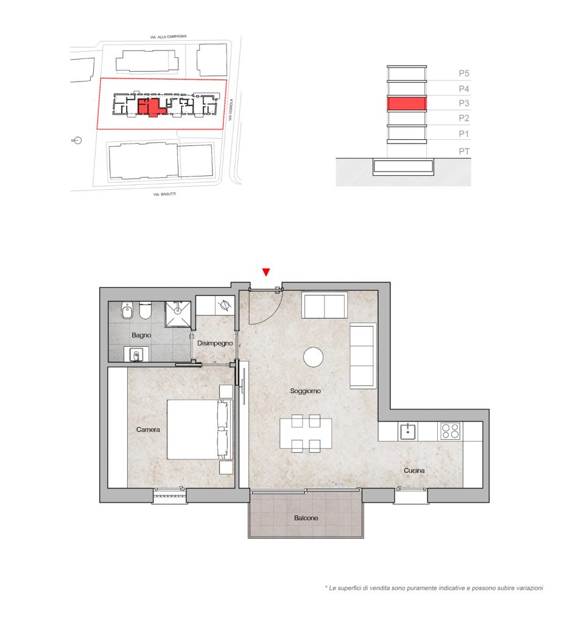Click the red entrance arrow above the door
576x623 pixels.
click(266, 272)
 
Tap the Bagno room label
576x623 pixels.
click(141, 335)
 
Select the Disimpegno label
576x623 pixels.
click(215, 343)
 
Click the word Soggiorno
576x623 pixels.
click(305, 391)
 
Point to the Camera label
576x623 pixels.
click(148, 430)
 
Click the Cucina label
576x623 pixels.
click(414, 470)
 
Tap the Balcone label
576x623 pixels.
click(306, 518)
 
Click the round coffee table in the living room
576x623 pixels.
click(313, 357)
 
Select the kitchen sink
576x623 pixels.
click(408, 431)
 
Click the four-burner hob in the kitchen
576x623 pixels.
click(451, 431)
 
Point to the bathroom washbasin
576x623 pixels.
click(136, 355)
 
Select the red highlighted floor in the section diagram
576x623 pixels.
click(407, 103)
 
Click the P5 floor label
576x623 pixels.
click(464, 74)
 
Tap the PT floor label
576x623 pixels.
click(464, 151)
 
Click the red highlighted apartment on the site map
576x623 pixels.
click(151, 107)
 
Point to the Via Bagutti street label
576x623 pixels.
click(164, 194)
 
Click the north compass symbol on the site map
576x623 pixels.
click(77, 141)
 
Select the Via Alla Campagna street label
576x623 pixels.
click(168, 37)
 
